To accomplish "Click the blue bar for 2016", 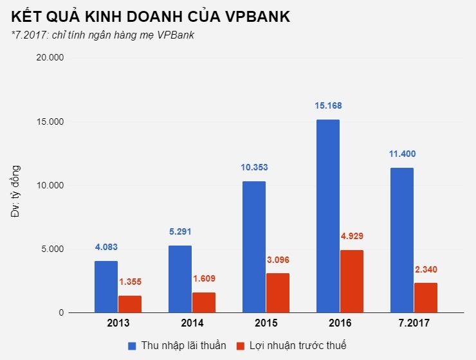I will click(x=327, y=216).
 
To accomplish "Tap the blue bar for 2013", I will click(x=106, y=287).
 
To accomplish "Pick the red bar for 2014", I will click(x=203, y=303).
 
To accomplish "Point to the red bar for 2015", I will click(x=277, y=293).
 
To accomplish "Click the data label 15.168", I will click(x=327, y=105).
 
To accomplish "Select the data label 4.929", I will click(x=351, y=236).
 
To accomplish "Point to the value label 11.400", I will click(x=402, y=154).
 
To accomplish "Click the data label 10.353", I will click(x=254, y=167).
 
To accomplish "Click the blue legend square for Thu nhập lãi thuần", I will click(x=133, y=346).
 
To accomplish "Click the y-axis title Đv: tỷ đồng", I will click(x=17, y=192).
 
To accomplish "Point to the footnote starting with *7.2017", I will click(x=103, y=35).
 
